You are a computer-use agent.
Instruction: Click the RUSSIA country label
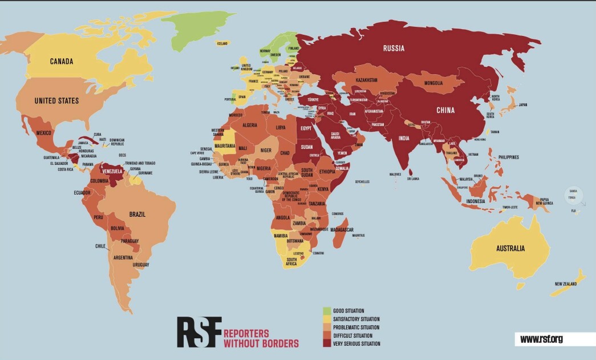click(x=394, y=48)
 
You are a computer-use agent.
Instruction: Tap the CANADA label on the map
click(x=64, y=62)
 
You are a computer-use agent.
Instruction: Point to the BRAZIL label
click(x=137, y=215)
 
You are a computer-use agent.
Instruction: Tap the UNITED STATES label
click(x=56, y=101)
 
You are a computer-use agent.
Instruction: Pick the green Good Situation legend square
click(x=327, y=311)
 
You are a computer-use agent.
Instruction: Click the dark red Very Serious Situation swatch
click(x=327, y=343)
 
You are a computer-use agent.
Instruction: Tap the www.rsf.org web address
click(x=541, y=339)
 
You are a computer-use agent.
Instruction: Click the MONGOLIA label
click(x=437, y=83)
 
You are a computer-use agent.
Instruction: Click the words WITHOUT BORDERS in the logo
click(x=261, y=343)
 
